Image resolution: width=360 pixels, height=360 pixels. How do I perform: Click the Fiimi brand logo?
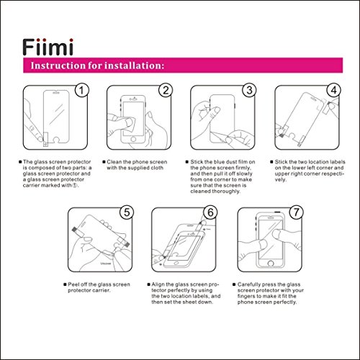[x=48, y=47]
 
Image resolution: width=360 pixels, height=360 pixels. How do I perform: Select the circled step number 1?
[x=81, y=91]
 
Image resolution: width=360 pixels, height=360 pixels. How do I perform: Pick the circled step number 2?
[x=166, y=91]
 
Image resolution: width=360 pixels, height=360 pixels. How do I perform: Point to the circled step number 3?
[x=249, y=91]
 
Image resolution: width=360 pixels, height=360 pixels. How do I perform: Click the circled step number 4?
[x=333, y=91]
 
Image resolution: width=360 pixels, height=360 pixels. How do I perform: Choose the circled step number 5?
[x=127, y=212]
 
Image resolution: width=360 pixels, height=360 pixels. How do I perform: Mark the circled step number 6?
[x=210, y=212]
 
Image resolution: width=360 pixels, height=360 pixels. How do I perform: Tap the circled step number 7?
[x=296, y=212]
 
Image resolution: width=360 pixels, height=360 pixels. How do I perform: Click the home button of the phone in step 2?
[x=133, y=139]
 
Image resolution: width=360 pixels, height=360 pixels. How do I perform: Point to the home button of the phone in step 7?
[x=271, y=264]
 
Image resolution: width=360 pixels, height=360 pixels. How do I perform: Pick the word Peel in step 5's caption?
[x=73, y=284]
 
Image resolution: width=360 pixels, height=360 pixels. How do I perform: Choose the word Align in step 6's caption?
[x=158, y=284]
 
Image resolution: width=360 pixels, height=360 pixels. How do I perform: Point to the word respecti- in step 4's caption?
[x=332, y=174]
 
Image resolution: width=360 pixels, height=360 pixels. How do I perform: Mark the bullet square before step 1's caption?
[x=20, y=162]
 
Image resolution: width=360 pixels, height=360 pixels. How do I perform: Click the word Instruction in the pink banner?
[x=58, y=66]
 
